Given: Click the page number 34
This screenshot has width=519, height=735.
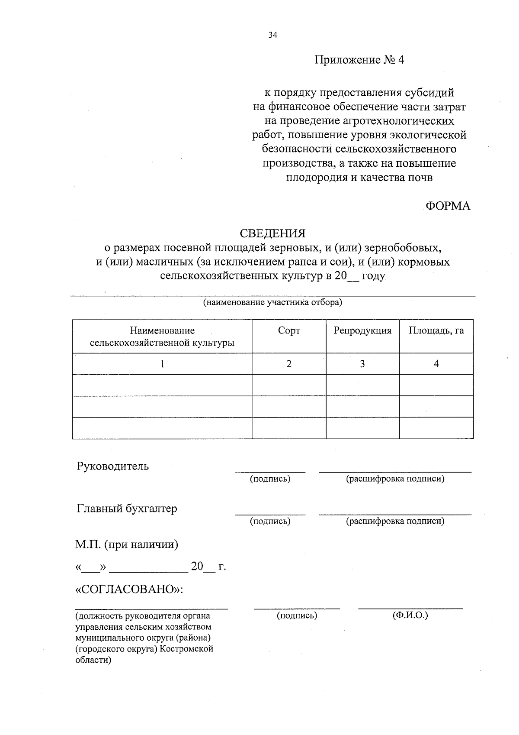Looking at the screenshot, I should [272, 36].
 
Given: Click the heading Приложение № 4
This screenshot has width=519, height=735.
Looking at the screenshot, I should [359, 60].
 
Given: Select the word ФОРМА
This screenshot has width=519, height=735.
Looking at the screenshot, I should [448, 206].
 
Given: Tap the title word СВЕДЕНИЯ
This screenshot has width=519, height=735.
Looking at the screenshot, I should [272, 234].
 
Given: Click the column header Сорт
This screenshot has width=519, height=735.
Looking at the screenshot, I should [289, 331].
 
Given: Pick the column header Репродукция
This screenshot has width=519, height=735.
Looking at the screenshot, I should [362, 331].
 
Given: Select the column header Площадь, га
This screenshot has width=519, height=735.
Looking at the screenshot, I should [436, 331].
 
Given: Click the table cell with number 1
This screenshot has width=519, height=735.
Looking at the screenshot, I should [162, 364].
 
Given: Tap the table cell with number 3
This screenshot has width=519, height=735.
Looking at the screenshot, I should [362, 364].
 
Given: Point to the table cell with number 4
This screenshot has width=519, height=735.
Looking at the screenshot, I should [436, 364].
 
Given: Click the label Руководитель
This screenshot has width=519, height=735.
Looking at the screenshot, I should [113, 466].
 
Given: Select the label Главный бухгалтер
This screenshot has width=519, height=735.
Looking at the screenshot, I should [127, 508].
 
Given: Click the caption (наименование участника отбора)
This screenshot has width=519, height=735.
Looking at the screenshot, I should [272, 302].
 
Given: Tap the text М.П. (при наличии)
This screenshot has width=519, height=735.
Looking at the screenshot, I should [127, 544].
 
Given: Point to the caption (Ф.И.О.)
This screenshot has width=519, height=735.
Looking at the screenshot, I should [410, 615].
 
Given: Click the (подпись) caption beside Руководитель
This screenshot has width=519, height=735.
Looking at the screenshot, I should [270, 479].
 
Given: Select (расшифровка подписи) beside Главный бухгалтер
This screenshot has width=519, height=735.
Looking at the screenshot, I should [395, 521].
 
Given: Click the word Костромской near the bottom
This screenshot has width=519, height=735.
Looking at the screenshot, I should [190, 649].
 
